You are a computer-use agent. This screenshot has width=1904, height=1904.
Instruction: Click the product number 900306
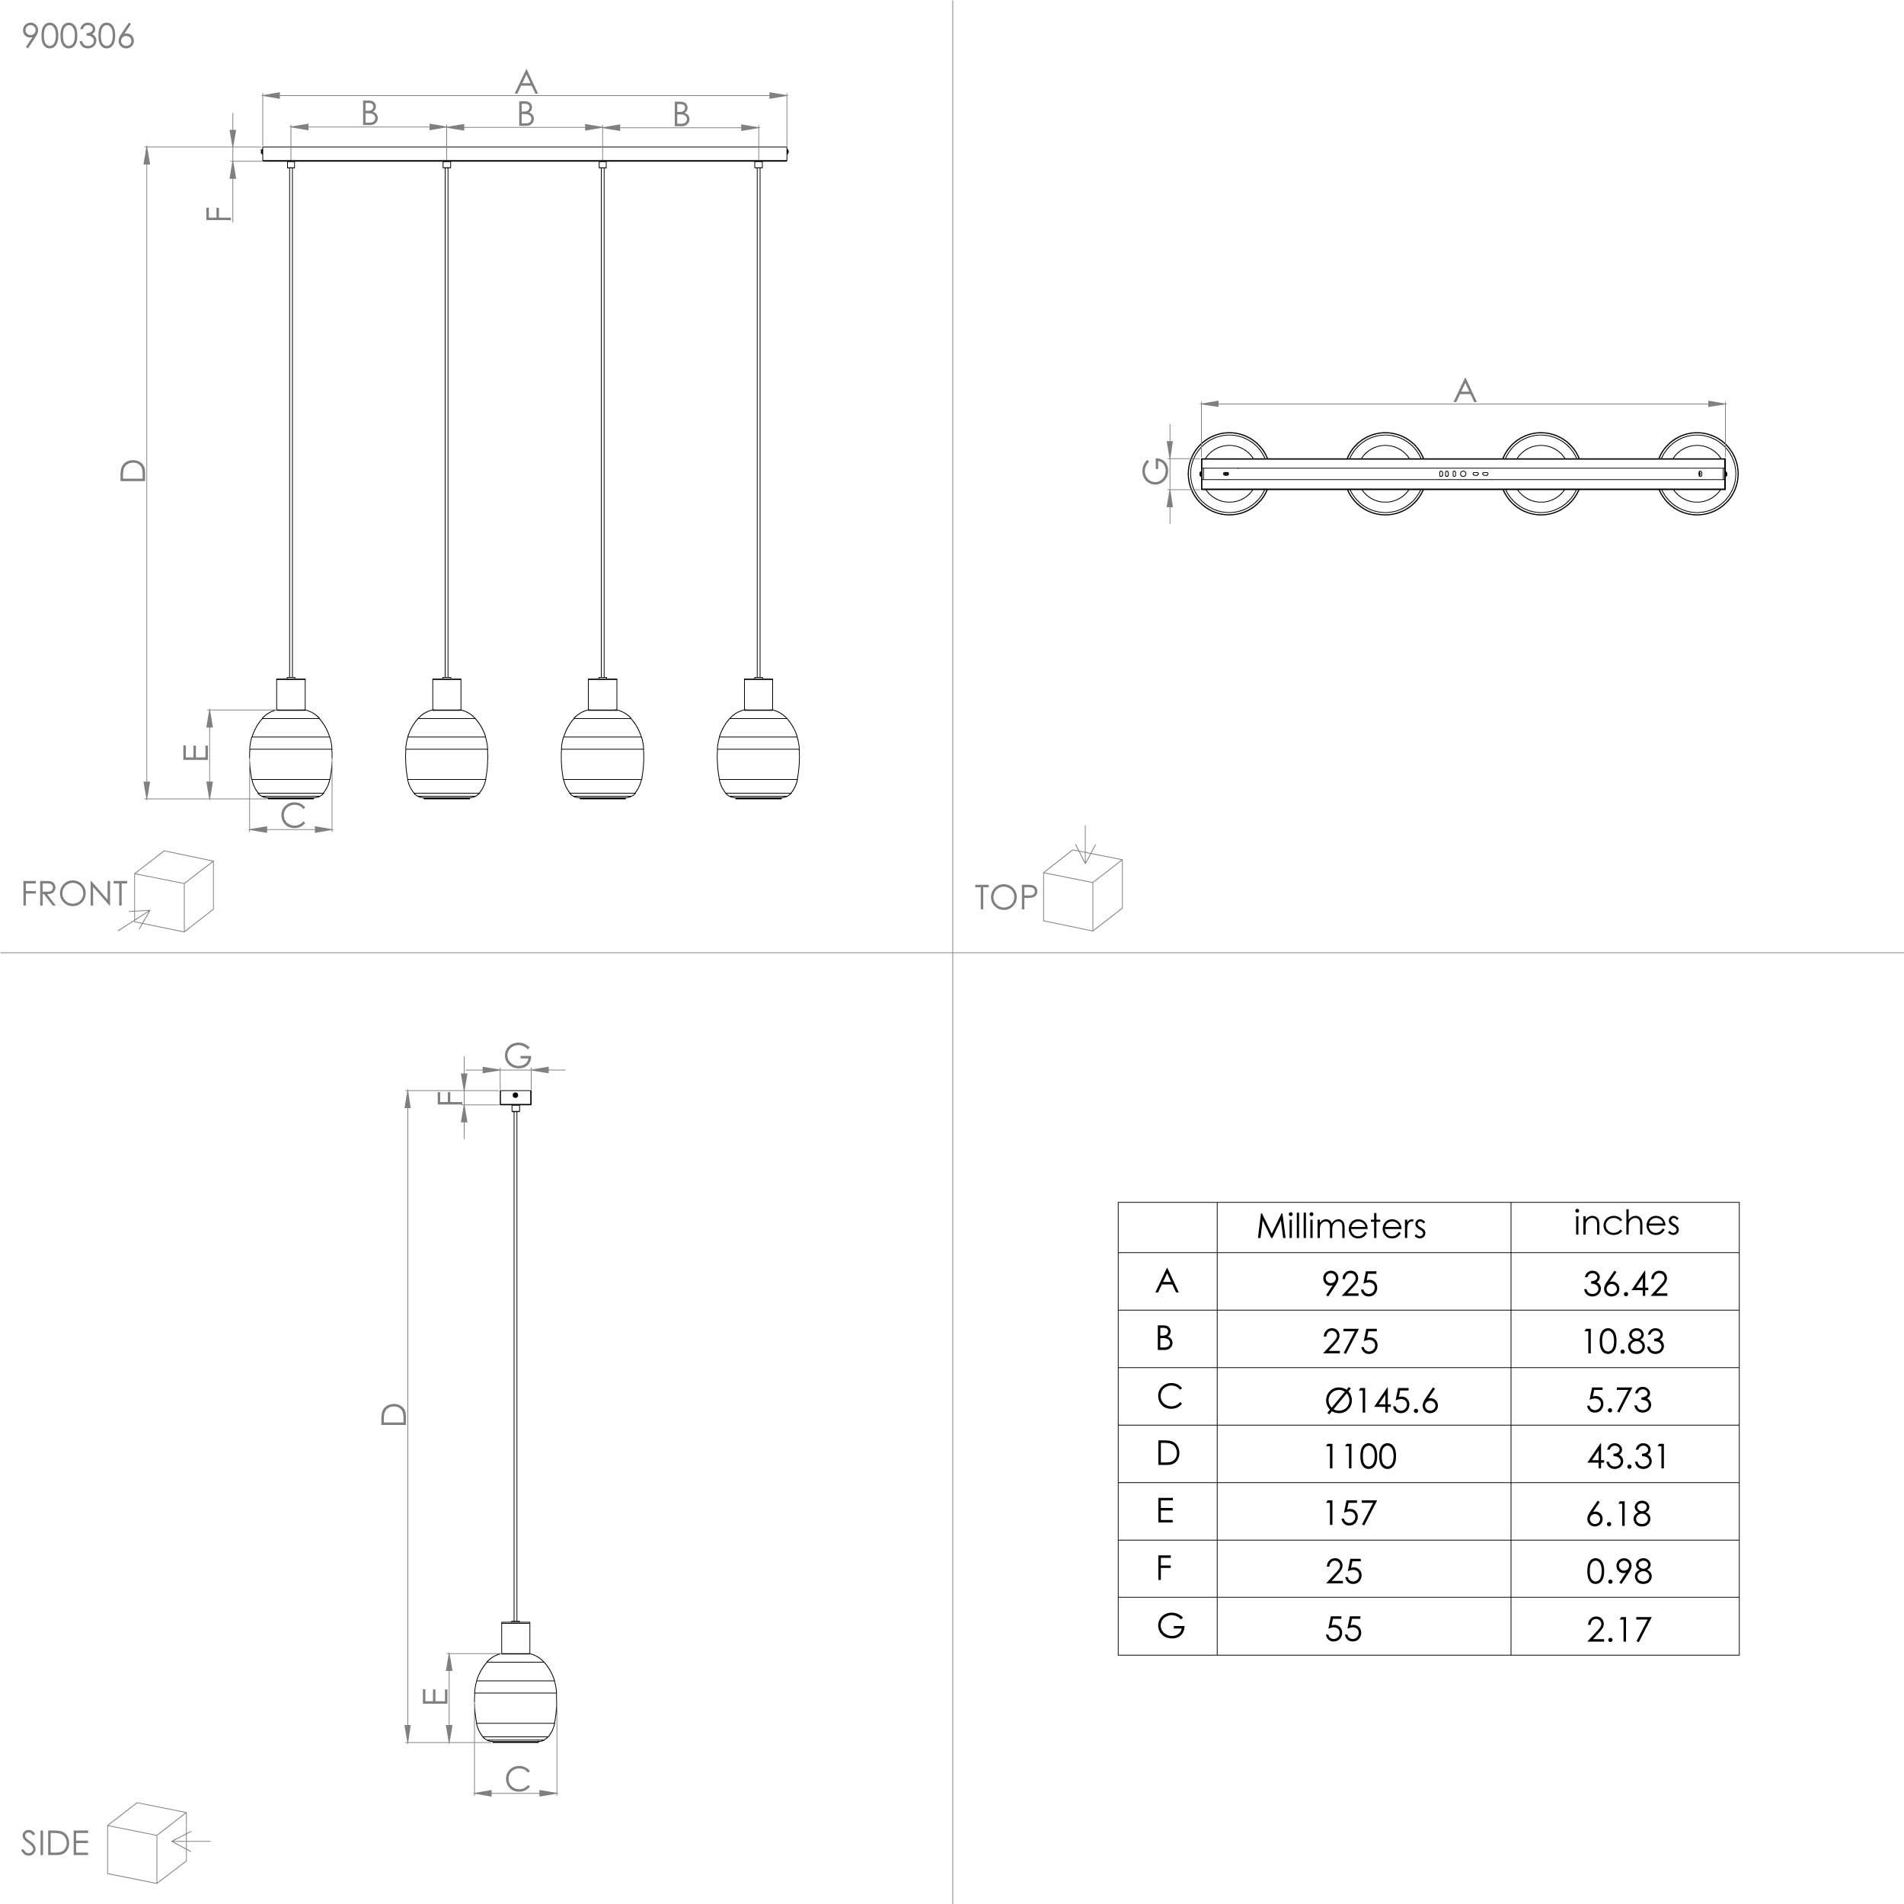point(78,37)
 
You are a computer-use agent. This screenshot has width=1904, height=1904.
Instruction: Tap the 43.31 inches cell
point(1626,1455)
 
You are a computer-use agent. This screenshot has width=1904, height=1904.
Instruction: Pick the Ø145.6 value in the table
point(1382,1399)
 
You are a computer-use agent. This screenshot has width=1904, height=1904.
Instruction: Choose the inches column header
point(1625,1223)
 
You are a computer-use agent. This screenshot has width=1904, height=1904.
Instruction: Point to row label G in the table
point(1170,1625)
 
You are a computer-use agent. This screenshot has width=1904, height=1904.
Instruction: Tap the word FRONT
point(74,894)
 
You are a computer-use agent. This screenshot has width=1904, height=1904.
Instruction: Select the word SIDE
point(55,1843)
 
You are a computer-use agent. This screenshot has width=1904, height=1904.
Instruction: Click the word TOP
point(1005,897)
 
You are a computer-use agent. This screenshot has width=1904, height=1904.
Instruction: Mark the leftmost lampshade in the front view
point(291,753)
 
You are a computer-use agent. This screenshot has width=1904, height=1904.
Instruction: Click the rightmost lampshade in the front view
point(758,753)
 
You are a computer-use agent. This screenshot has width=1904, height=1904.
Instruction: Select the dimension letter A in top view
point(1465,391)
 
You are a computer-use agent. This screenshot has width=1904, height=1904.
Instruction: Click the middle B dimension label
point(526,114)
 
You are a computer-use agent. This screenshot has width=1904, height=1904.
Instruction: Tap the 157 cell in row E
point(1349,1513)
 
